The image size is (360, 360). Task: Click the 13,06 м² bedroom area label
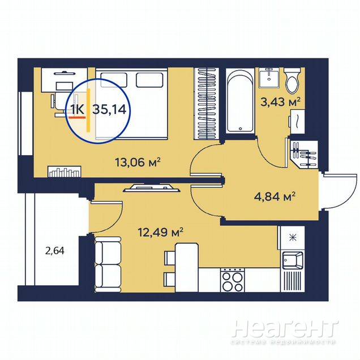[x=138, y=162]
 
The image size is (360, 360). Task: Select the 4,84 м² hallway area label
[x=275, y=196]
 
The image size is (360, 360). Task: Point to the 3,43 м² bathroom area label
[x=280, y=102]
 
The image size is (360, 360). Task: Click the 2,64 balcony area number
[x=55, y=251]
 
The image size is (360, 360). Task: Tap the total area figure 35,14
[x=109, y=109]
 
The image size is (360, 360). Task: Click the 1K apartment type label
[x=77, y=109]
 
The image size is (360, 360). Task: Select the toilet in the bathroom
[x=292, y=80]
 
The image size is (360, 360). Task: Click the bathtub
[x=240, y=100]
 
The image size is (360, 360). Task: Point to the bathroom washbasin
[x=269, y=78]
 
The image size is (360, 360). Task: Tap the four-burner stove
[x=232, y=280]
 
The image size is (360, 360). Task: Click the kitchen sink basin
[x=292, y=260]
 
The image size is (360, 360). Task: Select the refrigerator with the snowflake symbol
[x=291, y=238]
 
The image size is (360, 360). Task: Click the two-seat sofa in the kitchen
[x=108, y=264]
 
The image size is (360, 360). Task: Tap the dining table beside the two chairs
[x=186, y=268]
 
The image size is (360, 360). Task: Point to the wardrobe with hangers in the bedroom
[x=207, y=104]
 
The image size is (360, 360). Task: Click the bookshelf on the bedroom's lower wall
[x=65, y=172]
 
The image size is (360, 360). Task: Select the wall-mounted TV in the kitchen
[x=152, y=188]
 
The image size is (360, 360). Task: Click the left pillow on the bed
[x=114, y=80]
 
